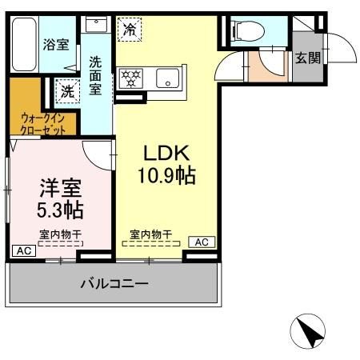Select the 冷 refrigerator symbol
click(128, 30)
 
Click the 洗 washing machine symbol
click(66, 91)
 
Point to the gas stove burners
click(130, 78)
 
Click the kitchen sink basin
click(167, 78)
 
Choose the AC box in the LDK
click(201, 242)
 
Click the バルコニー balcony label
click(113, 284)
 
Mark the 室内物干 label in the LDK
click(150, 234)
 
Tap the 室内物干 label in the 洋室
click(59, 234)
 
